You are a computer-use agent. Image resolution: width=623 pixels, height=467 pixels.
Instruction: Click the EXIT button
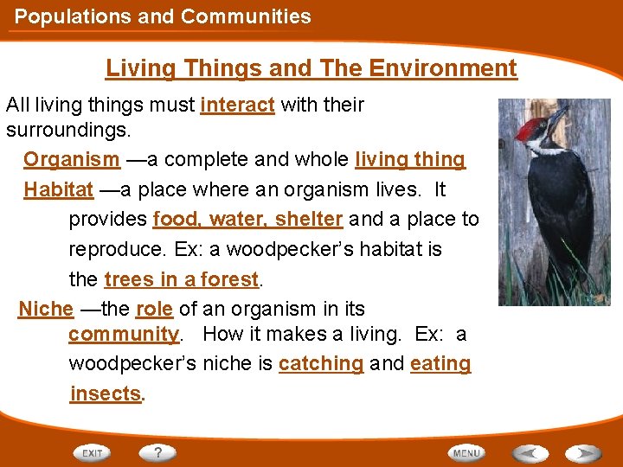click(92, 453)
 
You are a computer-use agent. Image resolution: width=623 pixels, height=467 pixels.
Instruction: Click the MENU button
click(466, 453)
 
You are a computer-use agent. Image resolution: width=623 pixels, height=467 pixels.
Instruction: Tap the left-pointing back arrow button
click(530, 453)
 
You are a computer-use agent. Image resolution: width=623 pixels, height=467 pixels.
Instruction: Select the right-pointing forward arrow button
click(582, 453)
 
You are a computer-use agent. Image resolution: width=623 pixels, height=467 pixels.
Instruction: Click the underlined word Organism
click(72, 160)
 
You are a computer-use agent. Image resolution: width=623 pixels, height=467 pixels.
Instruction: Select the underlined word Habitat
click(58, 189)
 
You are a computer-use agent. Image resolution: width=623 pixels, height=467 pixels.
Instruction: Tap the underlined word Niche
click(46, 309)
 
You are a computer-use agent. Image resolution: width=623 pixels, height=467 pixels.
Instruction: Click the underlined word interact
click(237, 106)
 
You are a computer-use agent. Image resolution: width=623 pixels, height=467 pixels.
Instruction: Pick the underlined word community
click(123, 334)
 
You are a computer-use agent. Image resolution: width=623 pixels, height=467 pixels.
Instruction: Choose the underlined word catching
click(320, 364)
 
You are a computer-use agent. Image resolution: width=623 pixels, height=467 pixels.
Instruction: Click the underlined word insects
click(106, 394)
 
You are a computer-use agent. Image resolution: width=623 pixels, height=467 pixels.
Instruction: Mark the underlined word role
click(154, 309)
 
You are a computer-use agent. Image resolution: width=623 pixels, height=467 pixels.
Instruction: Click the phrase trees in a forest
click(181, 279)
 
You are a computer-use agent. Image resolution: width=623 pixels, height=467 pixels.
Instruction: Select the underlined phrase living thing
click(410, 160)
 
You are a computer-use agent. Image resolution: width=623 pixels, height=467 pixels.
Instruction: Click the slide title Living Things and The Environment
click(311, 68)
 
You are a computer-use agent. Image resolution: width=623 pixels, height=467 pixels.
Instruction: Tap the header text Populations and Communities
click(163, 16)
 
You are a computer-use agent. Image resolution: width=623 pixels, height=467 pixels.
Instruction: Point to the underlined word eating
click(440, 364)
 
